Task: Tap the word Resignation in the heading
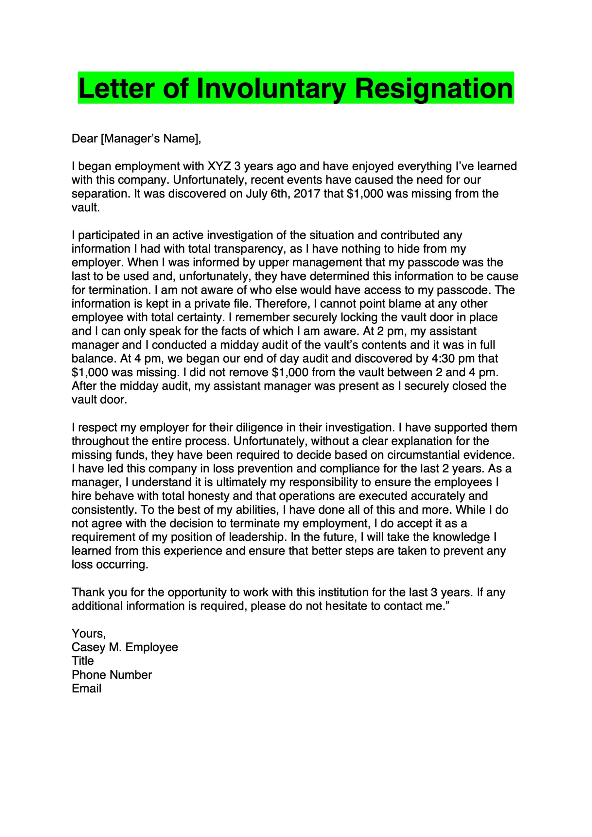[434, 89]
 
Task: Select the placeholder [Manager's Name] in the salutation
[150, 139]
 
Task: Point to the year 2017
[307, 194]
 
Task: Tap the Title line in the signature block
[83, 661]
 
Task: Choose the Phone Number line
[112, 675]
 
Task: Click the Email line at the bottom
[86, 689]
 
